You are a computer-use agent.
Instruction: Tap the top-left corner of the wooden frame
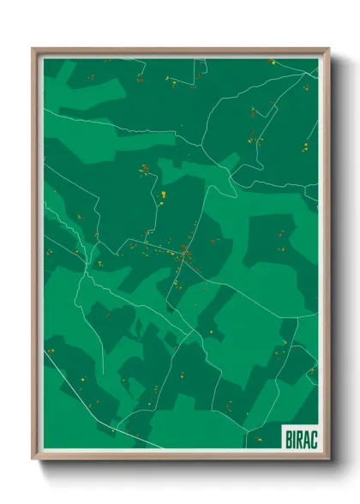click(x=33, y=49)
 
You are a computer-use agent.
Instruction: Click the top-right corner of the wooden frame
click(x=328, y=49)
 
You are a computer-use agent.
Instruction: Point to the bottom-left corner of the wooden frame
click(x=33, y=460)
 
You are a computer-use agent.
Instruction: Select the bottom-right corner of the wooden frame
click(x=328, y=460)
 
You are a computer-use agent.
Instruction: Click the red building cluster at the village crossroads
click(x=183, y=250)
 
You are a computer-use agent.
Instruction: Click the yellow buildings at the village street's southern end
click(x=176, y=283)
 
